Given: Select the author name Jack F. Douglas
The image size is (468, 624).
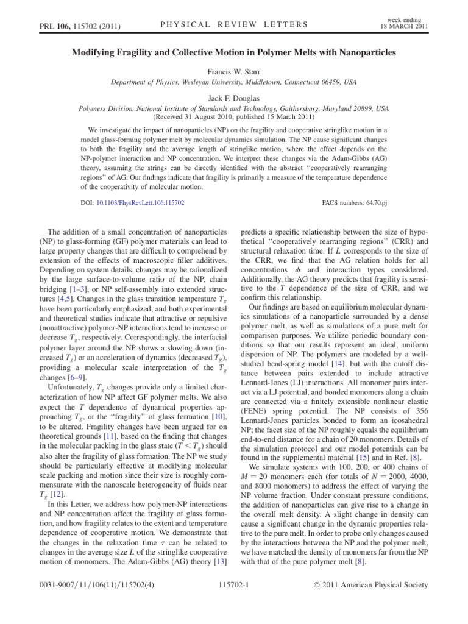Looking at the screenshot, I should pyautogui.click(x=235, y=99).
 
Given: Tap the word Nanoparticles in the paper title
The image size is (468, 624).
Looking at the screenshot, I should pyautogui.click(x=361, y=53).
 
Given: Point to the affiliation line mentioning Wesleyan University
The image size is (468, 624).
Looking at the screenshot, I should pyautogui.click(x=235, y=82).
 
